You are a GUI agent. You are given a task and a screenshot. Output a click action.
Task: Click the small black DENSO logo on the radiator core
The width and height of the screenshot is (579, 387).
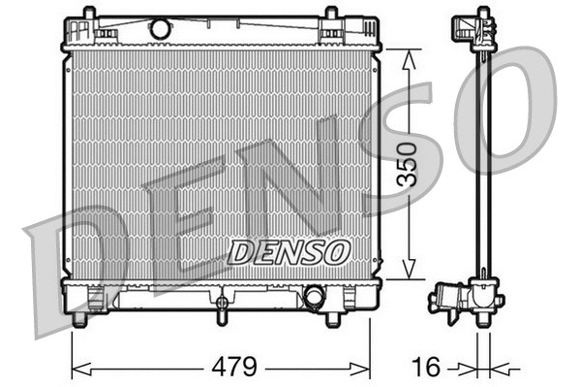(x=289, y=252)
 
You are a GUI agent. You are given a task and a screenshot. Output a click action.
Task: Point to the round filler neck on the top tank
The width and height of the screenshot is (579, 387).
(x=161, y=30)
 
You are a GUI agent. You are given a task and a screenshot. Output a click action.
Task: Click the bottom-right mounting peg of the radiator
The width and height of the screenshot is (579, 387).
(x=332, y=318)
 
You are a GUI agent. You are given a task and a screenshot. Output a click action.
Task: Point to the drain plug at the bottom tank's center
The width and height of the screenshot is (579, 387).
(x=221, y=311)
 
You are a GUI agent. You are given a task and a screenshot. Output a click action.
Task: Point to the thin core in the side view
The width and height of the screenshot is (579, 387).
(x=482, y=165)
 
